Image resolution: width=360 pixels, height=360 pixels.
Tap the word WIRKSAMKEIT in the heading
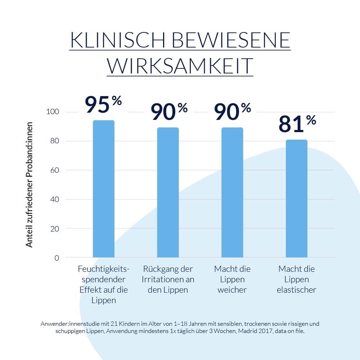coord(180,66)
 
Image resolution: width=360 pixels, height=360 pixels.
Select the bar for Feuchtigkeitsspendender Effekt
coord(104,189)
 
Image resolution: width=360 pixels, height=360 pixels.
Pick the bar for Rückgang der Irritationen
coord(168,193)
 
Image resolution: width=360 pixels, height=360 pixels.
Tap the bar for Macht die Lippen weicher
coord(232,193)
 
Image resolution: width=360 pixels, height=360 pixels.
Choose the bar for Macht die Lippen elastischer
coord(297,199)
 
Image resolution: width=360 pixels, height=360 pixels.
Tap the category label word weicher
coord(232,290)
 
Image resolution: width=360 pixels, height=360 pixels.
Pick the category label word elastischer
coord(296,290)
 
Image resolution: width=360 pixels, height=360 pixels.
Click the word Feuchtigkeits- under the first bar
coord(104,269)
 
